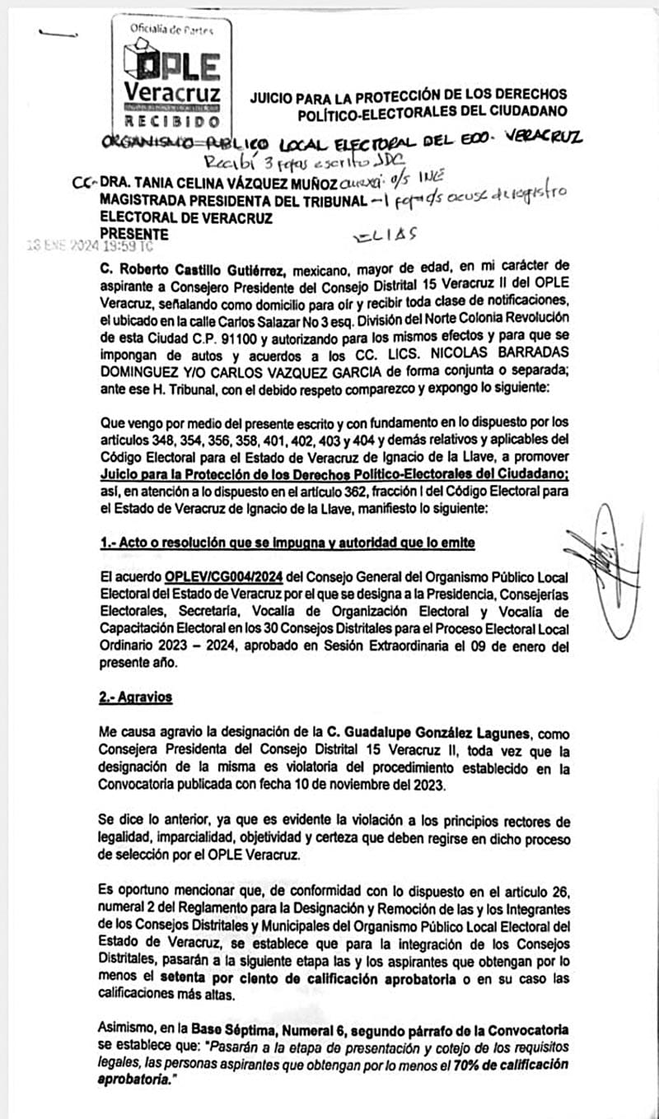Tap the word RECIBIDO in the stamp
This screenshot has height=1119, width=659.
point(171,120)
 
